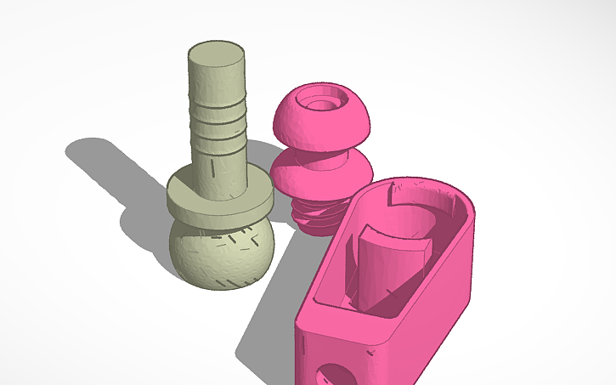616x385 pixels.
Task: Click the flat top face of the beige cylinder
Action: [217, 55]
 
